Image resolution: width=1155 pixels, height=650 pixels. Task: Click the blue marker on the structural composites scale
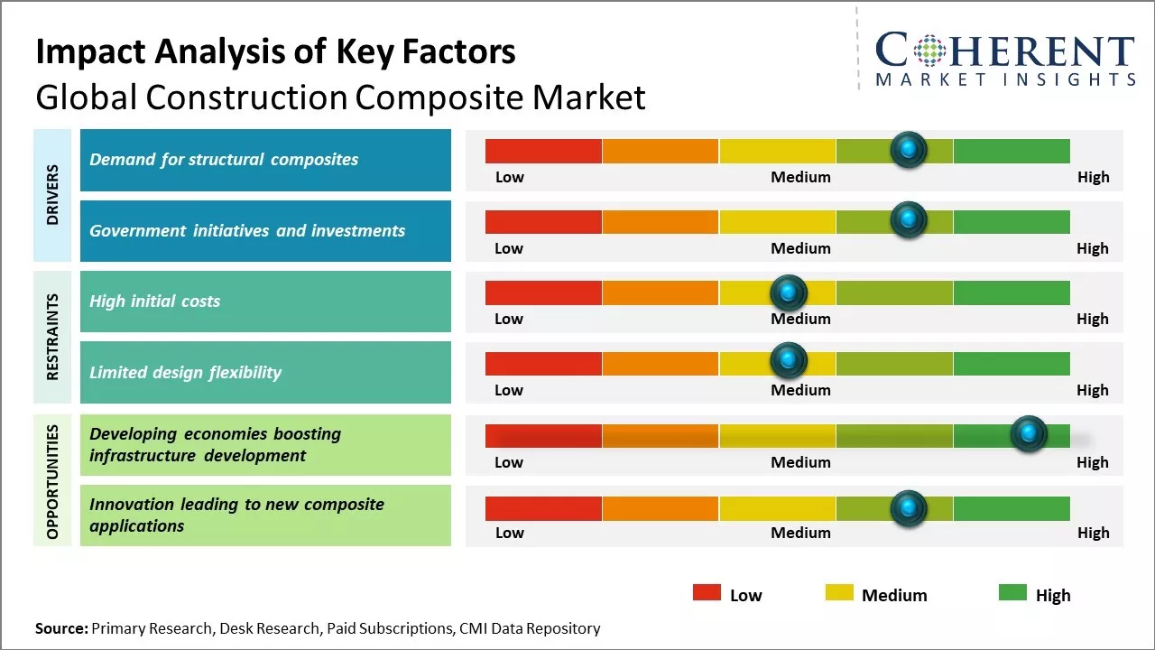(x=909, y=149)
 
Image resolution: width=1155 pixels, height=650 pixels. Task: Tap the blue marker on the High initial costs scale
(x=789, y=292)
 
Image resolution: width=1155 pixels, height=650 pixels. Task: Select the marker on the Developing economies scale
(x=1028, y=434)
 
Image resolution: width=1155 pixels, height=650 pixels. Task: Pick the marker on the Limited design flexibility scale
(x=789, y=361)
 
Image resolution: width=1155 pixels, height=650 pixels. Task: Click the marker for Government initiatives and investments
(x=909, y=219)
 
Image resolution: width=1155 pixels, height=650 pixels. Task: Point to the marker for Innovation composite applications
(x=909, y=508)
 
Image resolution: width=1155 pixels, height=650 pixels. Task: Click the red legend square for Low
(x=707, y=593)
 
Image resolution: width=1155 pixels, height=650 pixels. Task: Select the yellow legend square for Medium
(x=839, y=593)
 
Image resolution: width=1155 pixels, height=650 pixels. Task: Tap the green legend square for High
(x=1012, y=593)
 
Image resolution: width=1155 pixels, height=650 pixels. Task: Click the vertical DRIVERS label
(x=52, y=195)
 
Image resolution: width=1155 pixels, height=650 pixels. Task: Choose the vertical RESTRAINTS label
(x=52, y=337)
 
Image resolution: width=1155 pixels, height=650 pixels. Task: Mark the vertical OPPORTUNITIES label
(x=52, y=480)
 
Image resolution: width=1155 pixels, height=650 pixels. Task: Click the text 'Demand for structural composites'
(x=224, y=160)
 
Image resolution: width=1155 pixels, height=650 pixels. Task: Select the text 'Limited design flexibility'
(x=185, y=372)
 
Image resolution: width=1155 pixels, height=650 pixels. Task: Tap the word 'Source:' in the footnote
(x=61, y=628)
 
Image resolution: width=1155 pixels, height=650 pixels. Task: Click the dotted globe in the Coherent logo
(x=929, y=51)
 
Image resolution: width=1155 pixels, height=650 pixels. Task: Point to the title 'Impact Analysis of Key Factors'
(x=275, y=52)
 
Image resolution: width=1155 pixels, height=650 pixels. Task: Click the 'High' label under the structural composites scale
(x=1093, y=177)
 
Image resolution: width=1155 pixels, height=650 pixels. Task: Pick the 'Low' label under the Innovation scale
(x=509, y=533)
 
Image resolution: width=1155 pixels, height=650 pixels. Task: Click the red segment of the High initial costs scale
(x=543, y=292)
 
